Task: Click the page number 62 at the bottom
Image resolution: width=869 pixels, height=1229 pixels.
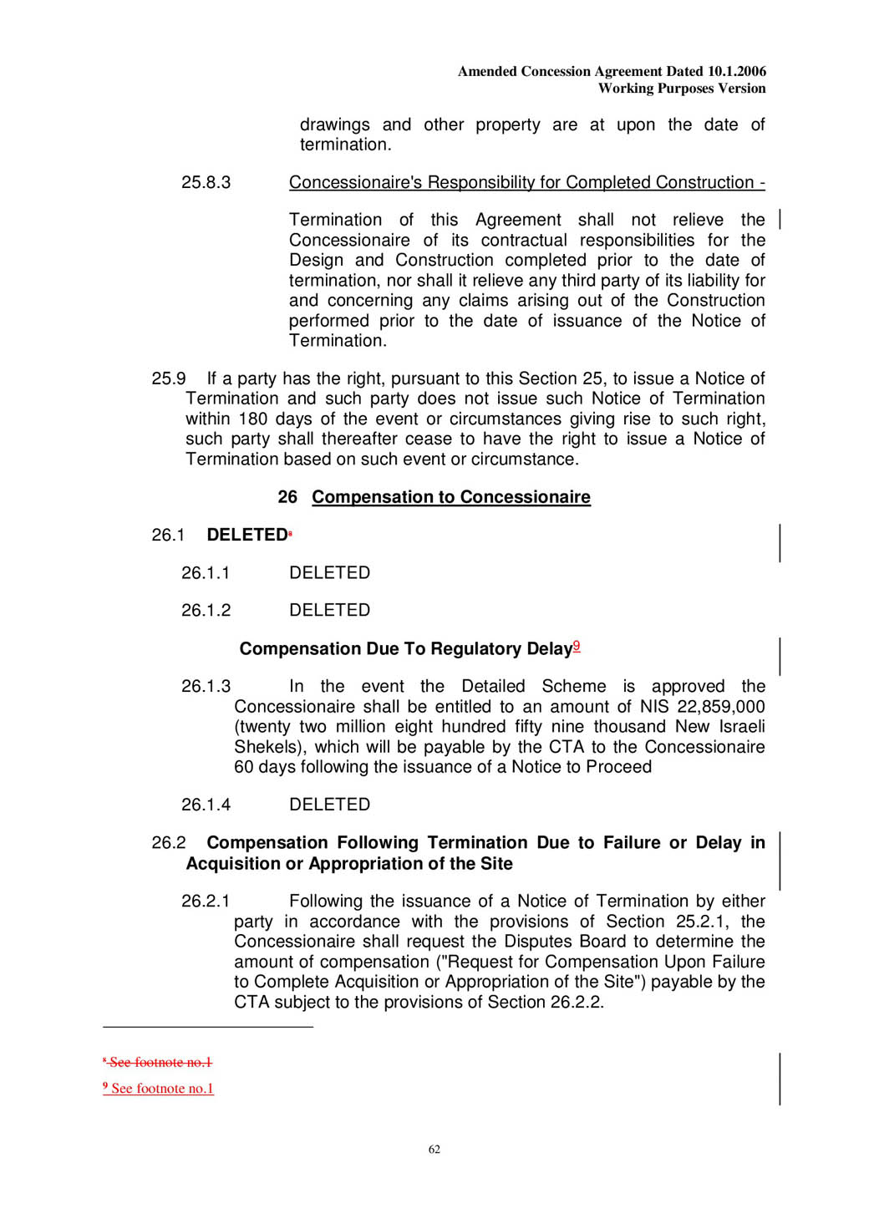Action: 434,1150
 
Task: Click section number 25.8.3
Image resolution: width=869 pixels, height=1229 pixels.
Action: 206,183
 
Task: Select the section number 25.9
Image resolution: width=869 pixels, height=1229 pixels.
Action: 168,379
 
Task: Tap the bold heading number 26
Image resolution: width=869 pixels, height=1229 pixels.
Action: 287,498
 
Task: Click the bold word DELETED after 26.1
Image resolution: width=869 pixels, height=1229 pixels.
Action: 246,536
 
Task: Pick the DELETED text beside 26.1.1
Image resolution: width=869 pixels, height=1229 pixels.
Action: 329,573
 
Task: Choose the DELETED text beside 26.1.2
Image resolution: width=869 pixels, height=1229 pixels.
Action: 329,611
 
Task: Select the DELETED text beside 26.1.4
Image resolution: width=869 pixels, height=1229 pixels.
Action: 329,805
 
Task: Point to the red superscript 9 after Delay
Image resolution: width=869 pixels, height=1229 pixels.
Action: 577,646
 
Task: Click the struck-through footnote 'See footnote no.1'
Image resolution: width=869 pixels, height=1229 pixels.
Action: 160,1063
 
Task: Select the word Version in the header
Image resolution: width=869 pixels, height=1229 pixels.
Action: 741,89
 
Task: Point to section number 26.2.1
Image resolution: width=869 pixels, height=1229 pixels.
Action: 206,901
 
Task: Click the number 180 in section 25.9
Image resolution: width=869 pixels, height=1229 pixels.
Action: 252,419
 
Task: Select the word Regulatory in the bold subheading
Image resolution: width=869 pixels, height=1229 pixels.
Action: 474,649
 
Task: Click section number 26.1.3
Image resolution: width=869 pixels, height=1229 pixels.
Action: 206,687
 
